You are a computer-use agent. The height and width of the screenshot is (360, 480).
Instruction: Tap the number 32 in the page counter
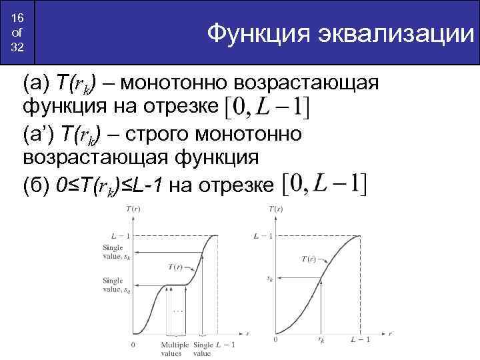pyautogui.click(x=17, y=48)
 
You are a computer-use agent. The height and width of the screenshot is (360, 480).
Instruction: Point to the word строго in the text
pyautogui.click(x=178, y=134)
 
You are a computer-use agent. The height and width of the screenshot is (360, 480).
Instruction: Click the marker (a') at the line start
pyautogui.click(x=38, y=134)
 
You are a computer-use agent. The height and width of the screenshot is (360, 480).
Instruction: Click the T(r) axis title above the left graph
pyautogui.click(x=133, y=210)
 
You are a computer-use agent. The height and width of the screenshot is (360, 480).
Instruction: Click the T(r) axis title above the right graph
pyautogui.click(x=276, y=210)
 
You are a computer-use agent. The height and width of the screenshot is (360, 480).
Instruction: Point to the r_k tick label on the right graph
pyautogui.click(x=321, y=341)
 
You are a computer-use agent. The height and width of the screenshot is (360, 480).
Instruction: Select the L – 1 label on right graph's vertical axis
pyautogui.click(x=265, y=235)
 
